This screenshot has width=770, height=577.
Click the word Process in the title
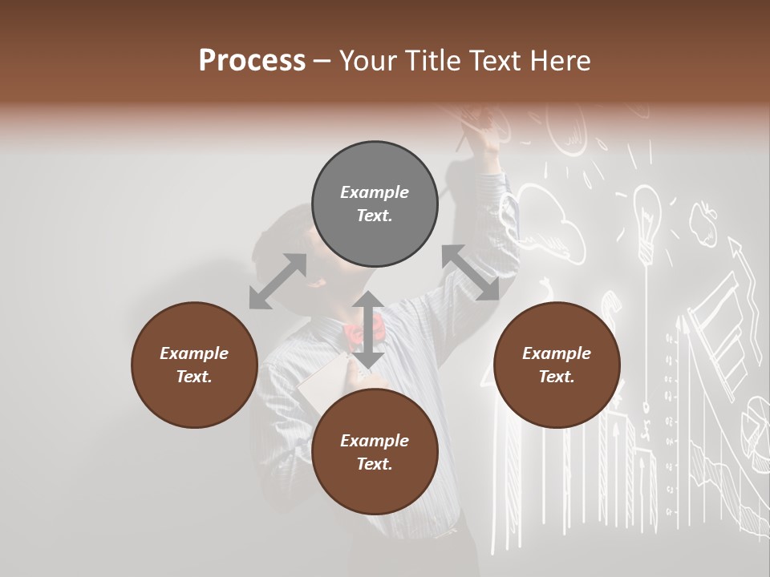coord(252,61)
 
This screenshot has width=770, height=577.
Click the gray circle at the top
coord(375,204)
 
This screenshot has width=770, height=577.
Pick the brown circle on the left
coord(194,365)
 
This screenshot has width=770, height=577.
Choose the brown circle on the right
coord(557,365)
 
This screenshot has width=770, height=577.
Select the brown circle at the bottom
coord(375,452)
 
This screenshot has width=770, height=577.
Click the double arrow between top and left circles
coord(278,281)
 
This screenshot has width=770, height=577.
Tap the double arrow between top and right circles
coord(470,272)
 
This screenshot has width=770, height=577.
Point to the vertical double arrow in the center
coord(368,329)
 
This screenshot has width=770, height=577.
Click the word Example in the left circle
coord(194,353)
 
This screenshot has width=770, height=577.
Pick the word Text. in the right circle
coord(557,377)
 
